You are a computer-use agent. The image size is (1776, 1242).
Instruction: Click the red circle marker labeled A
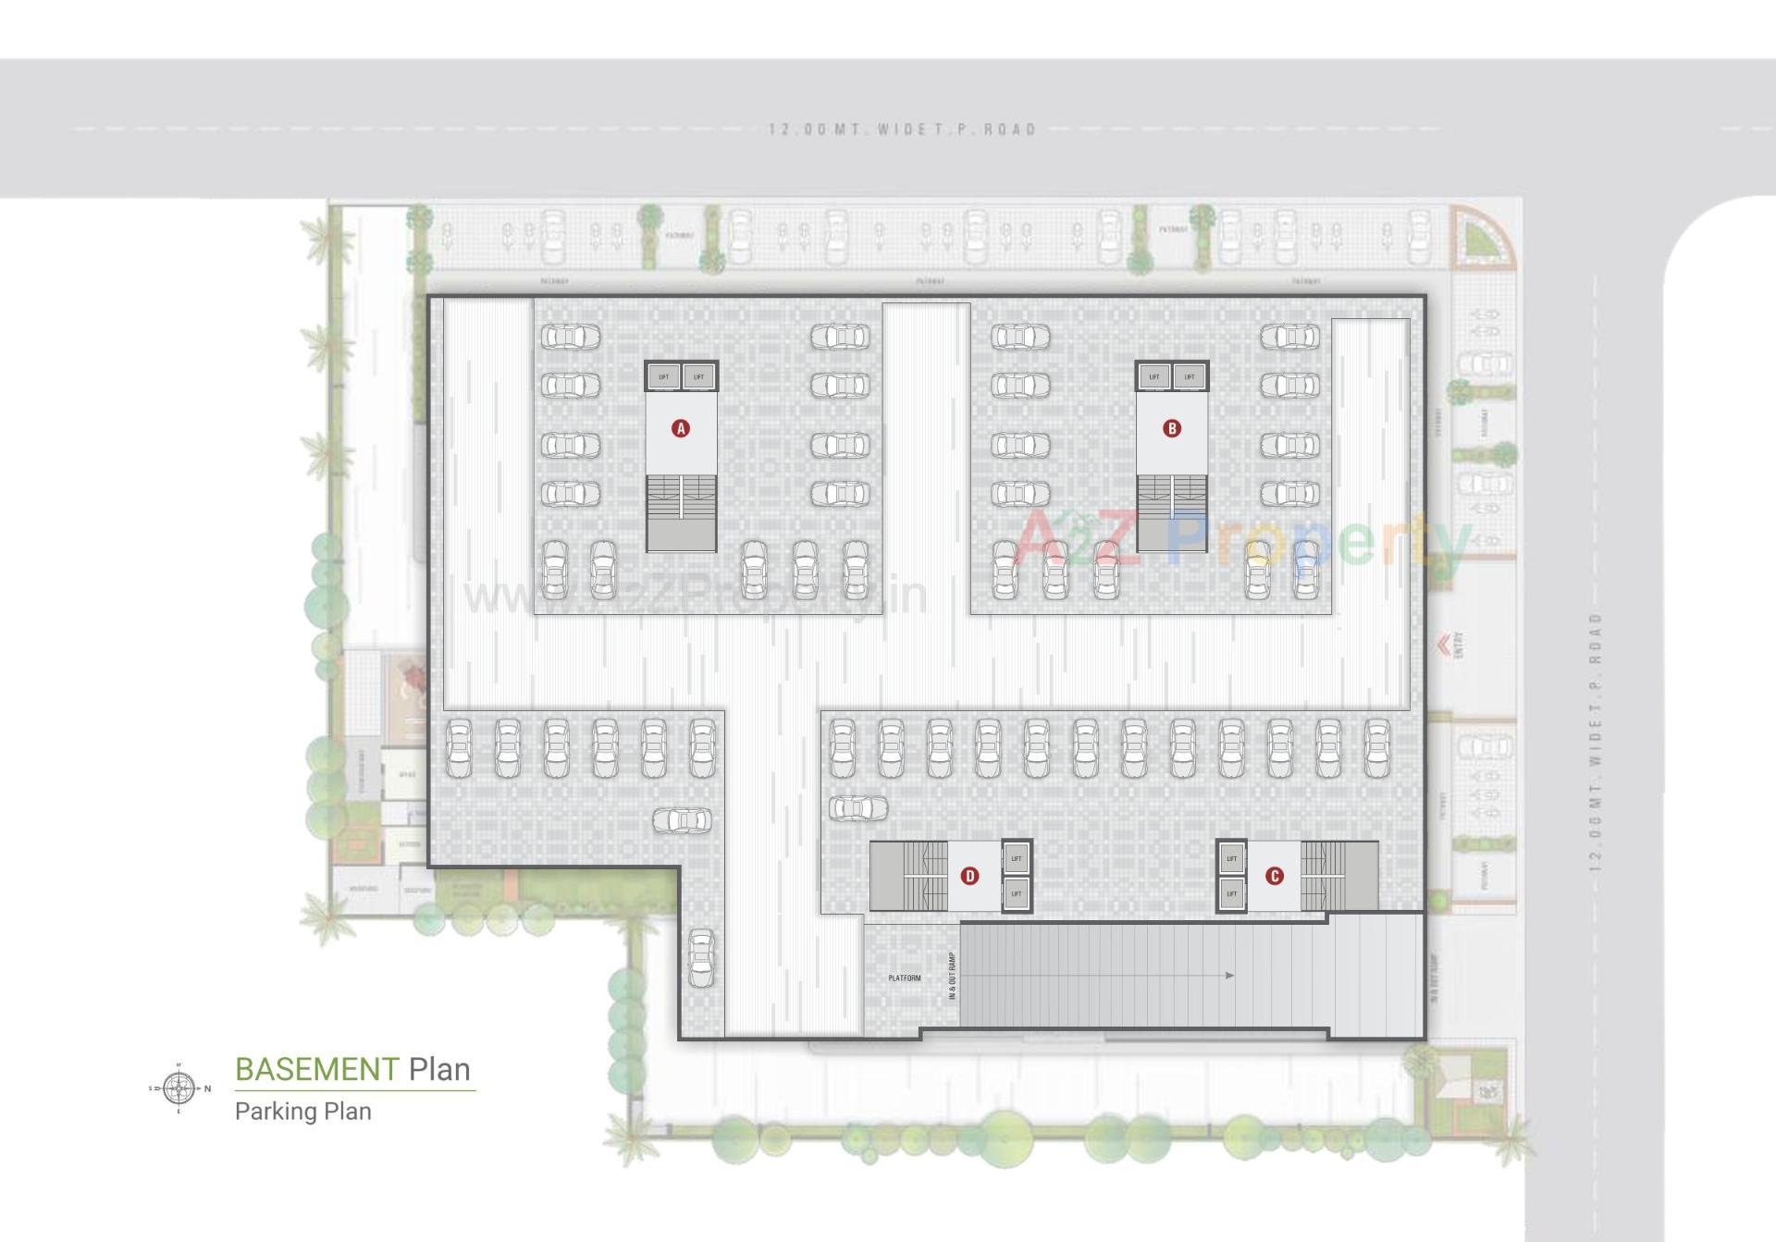pos(681,428)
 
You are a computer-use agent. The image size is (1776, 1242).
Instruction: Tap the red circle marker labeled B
pos(1172,428)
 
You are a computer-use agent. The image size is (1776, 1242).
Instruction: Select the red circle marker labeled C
pos(1274,876)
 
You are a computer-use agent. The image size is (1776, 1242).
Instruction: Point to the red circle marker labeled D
pos(969,876)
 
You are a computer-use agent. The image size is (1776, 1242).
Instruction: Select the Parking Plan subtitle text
pos(302,1111)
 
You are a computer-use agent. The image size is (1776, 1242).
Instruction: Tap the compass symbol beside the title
pos(179,1088)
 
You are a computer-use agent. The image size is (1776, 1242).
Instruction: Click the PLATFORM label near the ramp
pos(904,978)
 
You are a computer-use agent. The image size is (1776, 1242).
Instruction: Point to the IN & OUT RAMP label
pos(952,977)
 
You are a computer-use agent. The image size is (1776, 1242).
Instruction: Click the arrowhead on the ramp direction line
pos(1228,975)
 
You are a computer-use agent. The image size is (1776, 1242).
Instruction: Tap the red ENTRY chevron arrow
pos(1442,644)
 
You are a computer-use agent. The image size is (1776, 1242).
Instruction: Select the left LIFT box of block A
pos(663,376)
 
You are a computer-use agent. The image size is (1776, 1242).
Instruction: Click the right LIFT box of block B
pos(1190,376)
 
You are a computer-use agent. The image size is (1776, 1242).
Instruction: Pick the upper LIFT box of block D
pos(1017,858)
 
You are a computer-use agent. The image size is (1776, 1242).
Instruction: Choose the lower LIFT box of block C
pos(1231,893)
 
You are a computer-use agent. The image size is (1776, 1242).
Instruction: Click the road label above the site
pos(902,129)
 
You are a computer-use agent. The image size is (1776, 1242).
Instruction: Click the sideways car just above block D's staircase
pos(857,807)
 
